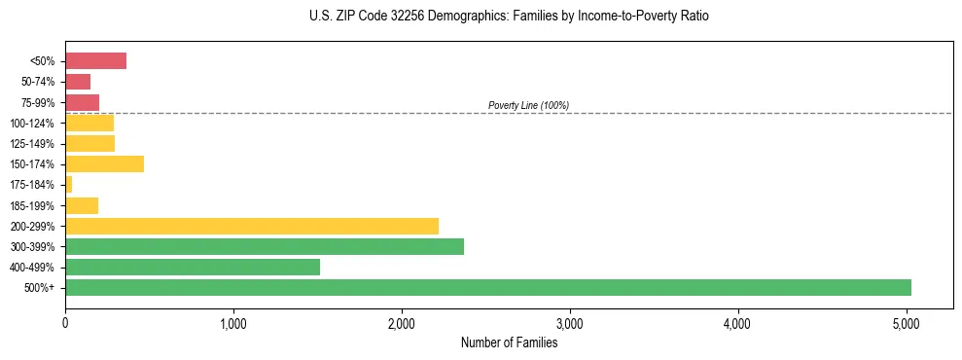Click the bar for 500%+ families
pyautogui.click(x=487, y=287)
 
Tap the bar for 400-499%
pyautogui.click(x=193, y=267)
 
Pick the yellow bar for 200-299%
pyautogui.click(x=252, y=226)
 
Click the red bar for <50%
pyautogui.click(x=95, y=61)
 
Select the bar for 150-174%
pyautogui.click(x=104, y=163)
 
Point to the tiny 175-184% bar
pyautogui.click(x=69, y=184)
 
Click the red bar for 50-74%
pyautogui.click(x=78, y=82)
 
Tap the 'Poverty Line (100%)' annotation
pyautogui.click(x=528, y=105)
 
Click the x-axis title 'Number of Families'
pyautogui.click(x=509, y=342)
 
